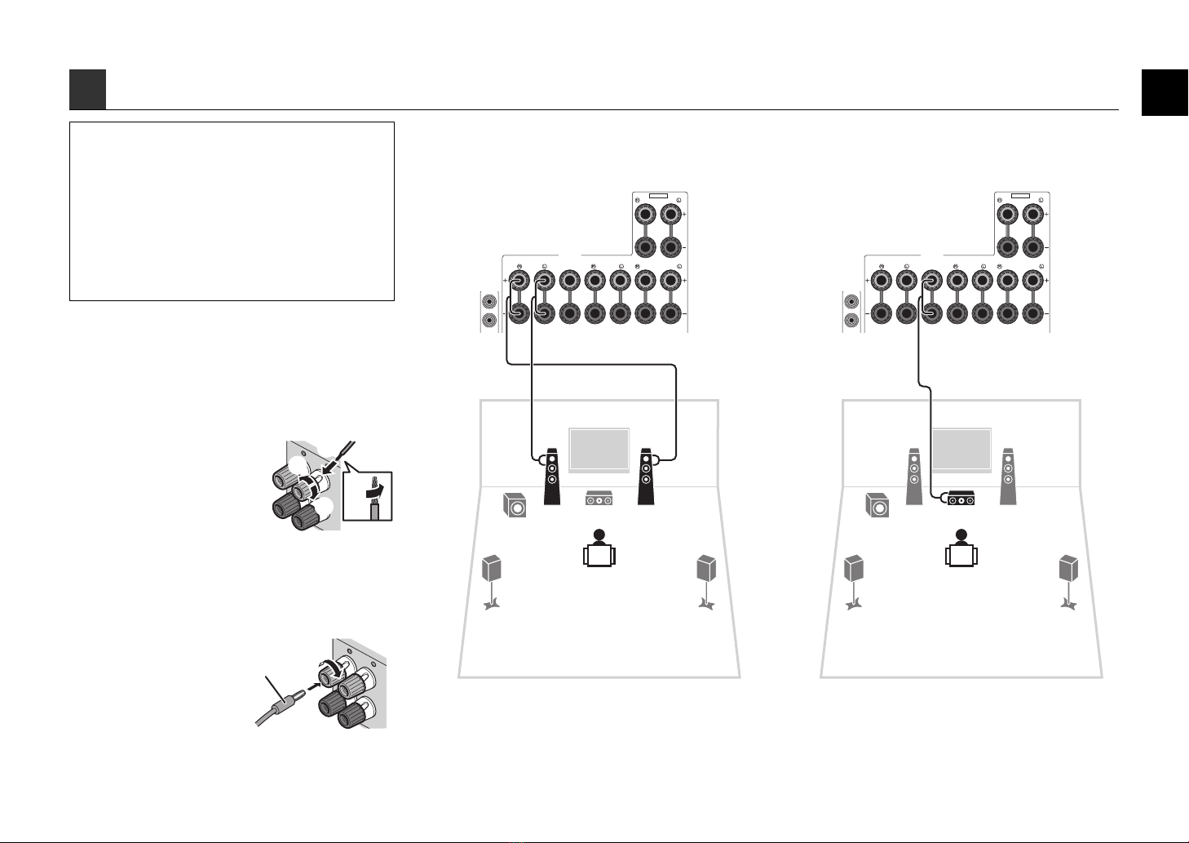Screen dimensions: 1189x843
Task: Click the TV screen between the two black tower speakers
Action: point(599,449)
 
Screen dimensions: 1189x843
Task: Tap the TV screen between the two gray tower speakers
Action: point(961,449)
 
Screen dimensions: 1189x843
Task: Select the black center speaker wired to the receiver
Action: point(961,496)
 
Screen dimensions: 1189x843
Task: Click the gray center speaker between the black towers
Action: point(599,496)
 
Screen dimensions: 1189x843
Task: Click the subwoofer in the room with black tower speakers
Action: point(515,506)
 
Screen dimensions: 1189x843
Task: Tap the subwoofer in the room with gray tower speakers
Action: point(877,506)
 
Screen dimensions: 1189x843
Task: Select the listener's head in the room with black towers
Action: point(599,535)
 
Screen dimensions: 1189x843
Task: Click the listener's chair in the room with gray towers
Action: point(961,557)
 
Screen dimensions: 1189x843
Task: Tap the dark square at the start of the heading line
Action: point(87,90)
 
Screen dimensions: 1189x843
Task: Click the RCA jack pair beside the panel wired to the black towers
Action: point(489,311)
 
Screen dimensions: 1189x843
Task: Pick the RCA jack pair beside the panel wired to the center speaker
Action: point(851,311)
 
